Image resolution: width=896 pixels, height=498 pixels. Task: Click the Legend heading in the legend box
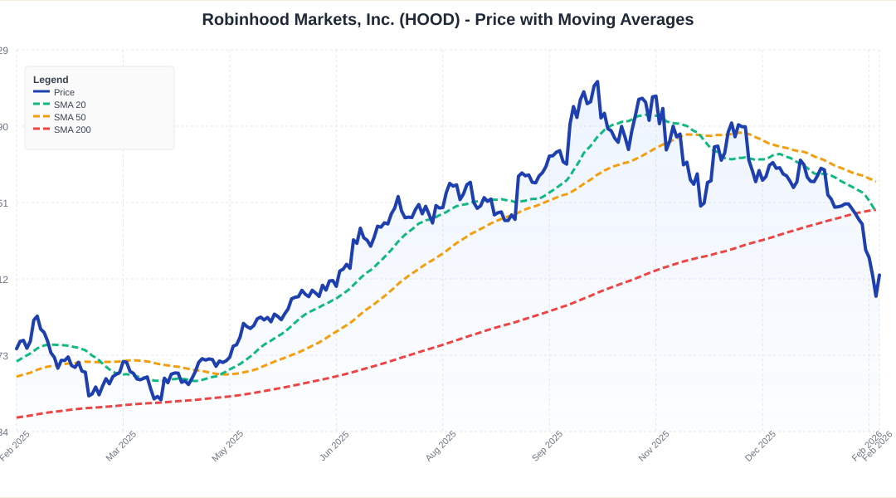51,80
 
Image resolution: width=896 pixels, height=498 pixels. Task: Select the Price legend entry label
64,92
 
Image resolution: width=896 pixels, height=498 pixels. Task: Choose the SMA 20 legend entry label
70,105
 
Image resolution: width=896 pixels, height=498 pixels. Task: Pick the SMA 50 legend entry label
70,117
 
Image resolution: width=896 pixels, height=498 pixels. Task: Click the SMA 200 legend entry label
72,129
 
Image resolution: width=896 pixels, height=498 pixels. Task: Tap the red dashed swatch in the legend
41,129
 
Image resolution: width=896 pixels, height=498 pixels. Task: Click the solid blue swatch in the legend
41,92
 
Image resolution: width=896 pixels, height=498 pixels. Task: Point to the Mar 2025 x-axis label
121,446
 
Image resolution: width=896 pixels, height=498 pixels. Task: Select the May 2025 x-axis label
228,446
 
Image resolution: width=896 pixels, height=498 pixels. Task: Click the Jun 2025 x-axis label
334,446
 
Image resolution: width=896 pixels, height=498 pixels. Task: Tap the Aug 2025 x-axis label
441,446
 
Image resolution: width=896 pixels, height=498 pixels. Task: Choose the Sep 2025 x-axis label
548,446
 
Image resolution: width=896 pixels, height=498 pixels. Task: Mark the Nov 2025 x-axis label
654,446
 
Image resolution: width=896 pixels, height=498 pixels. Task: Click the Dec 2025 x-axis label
761,446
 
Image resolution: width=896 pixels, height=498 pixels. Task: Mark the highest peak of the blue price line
597,81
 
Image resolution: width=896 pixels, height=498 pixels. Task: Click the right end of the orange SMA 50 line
875,181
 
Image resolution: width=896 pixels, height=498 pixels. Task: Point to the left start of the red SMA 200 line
17,417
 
